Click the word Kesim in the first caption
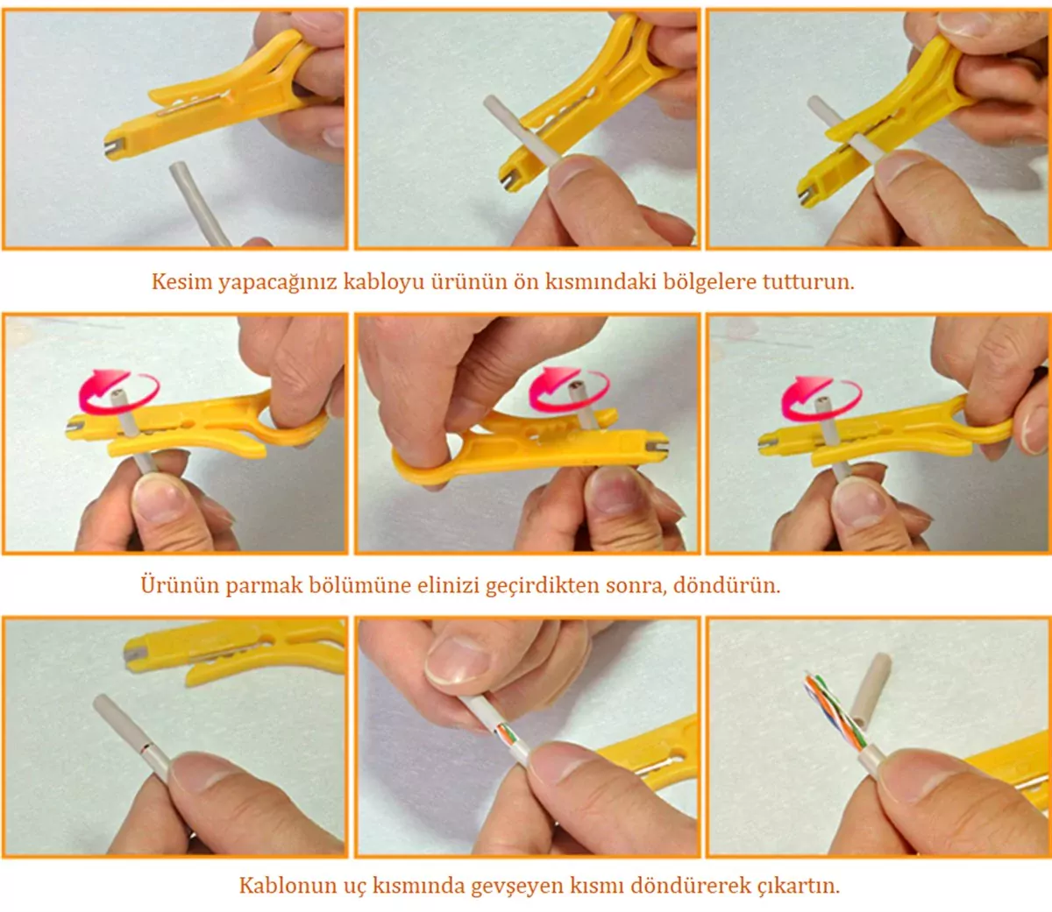click(181, 281)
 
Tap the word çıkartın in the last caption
click(799, 886)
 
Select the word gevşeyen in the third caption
click(518, 887)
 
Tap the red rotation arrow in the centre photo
click(569, 389)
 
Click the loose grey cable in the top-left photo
click(200, 203)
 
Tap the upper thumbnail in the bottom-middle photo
click(458, 661)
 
